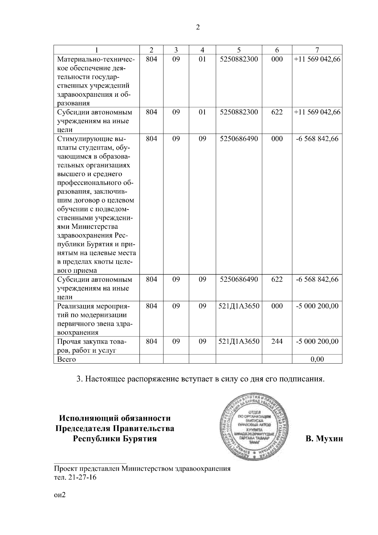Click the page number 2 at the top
click(x=198, y=27)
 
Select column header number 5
click(x=239, y=50)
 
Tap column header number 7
click(x=317, y=50)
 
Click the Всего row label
click(x=66, y=359)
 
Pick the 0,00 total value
click(x=317, y=359)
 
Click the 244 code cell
click(x=277, y=341)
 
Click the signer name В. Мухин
click(x=324, y=439)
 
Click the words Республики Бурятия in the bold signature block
click(x=115, y=439)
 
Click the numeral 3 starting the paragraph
click(x=79, y=379)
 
